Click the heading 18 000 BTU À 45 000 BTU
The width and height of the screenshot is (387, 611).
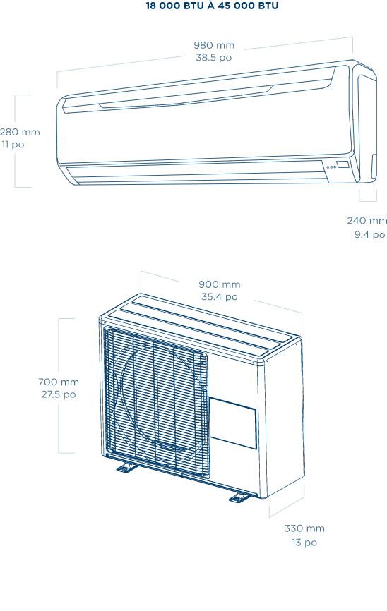(x=213, y=6)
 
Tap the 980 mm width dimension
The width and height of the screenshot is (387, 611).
(x=214, y=45)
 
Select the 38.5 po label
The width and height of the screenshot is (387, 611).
(x=214, y=58)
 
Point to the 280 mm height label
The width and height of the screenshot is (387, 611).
(x=20, y=132)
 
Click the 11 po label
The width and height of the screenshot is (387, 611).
(x=13, y=145)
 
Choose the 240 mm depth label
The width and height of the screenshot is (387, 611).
(x=367, y=221)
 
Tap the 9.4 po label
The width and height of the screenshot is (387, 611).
(x=369, y=234)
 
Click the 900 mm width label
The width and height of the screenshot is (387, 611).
(x=220, y=284)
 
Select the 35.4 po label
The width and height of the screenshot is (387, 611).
(x=219, y=297)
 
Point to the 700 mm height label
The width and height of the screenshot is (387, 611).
(x=59, y=382)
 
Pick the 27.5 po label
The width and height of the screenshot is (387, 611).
(x=59, y=394)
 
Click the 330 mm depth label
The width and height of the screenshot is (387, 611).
(x=304, y=528)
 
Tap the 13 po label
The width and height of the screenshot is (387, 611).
(x=304, y=543)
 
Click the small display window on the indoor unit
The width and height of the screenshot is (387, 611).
(x=343, y=164)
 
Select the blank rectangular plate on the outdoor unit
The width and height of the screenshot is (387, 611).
(x=233, y=423)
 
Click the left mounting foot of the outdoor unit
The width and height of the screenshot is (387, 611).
(x=126, y=467)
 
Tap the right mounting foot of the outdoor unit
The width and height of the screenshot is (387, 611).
(x=238, y=497)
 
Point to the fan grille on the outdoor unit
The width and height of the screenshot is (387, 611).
(x=156, y=401)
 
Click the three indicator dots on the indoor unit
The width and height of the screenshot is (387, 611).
(x=331, y=167)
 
